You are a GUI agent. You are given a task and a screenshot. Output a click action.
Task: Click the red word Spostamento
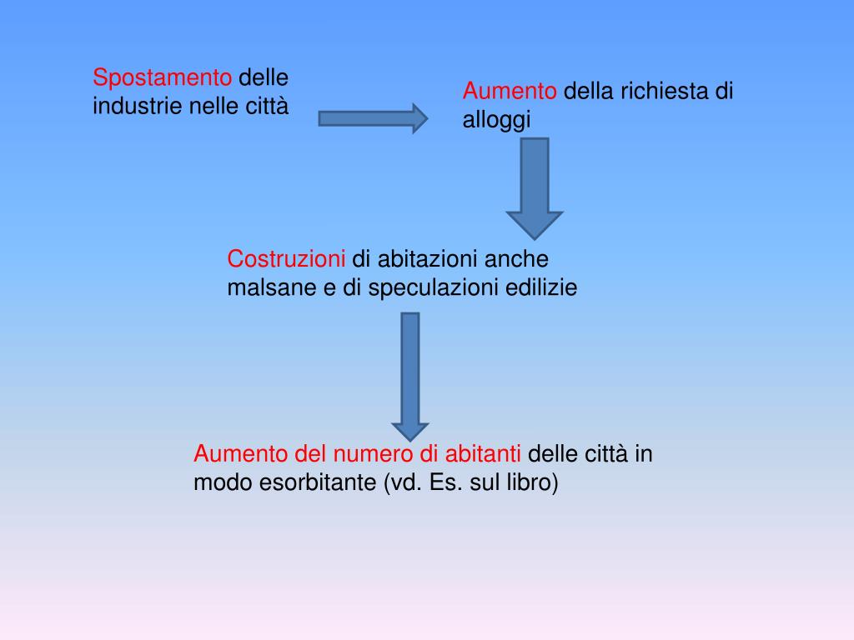point(163,78)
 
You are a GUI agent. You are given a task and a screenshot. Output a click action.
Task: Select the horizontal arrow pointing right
point(372,118)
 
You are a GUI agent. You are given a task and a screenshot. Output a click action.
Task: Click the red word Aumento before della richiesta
point(510,92)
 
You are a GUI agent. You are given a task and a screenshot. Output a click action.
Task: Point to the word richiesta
point(662,92)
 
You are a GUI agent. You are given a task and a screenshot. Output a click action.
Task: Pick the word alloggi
point(497,121)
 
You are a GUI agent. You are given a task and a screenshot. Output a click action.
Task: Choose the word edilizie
point(542,288)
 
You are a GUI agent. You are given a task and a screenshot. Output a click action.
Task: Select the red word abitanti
point(484,455)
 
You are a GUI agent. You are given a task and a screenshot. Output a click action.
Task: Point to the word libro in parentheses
point(530,483)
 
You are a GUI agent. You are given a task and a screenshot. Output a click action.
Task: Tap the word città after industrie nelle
point(266,107)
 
